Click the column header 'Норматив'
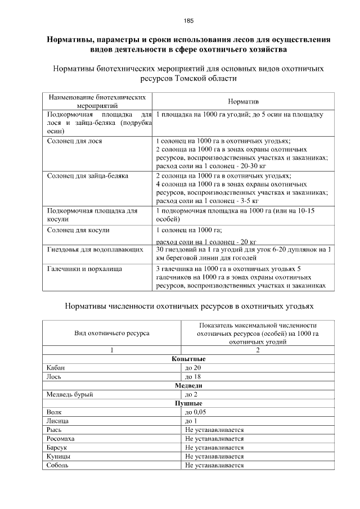[243, 101]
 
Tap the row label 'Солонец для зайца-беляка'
[87, 176]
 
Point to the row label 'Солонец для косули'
[78, 230]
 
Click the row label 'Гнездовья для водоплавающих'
[94, 249]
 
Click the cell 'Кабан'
[56, 368]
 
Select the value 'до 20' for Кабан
[193, 368]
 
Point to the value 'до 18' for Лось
[193, 376]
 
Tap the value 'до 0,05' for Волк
[196, 412]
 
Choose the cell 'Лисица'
[58, 421]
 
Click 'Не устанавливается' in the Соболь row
[214, 465]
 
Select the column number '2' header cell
[258, 350]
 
